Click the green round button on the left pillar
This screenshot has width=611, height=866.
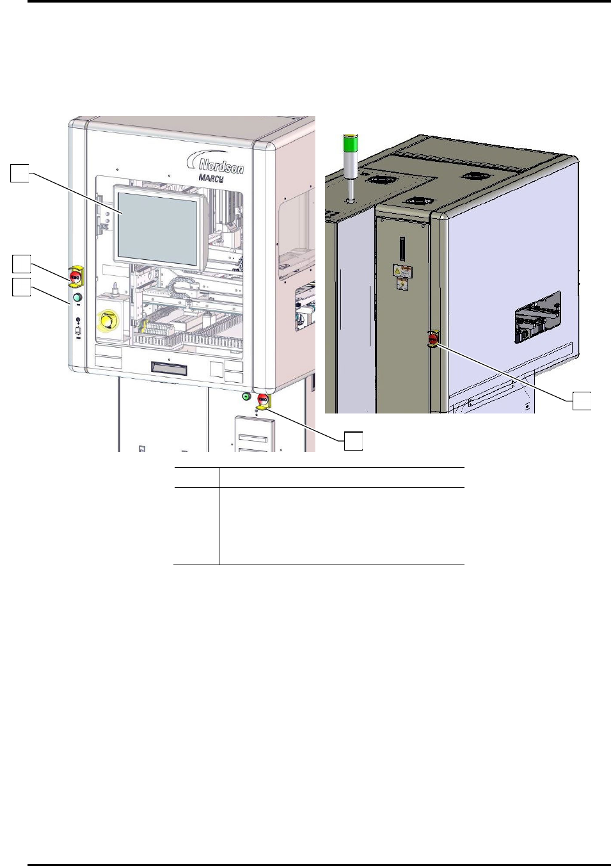(78, 298)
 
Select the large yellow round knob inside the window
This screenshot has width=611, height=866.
(107, 319)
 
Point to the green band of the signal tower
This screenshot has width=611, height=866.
(351, 145)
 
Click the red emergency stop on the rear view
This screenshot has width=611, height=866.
(433, 338)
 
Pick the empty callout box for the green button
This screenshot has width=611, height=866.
(21, 287)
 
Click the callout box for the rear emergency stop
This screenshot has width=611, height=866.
(582, 401)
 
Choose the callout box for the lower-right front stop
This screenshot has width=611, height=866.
(354, 440)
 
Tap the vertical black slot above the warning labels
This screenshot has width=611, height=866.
(402, 248)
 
